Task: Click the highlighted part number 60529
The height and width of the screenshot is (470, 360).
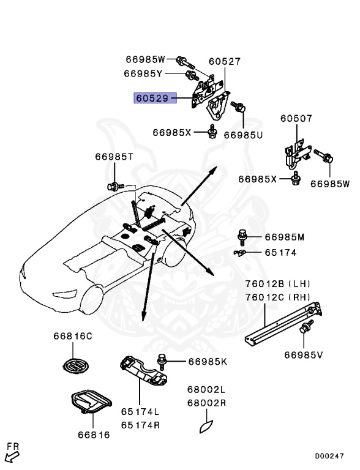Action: (x=152, y=98)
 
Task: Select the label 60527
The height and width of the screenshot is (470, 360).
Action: (x=225, y=61)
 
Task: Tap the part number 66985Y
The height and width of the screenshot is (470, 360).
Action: (x=143, y=73)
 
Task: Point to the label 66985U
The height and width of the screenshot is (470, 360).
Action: (x=243, y=135)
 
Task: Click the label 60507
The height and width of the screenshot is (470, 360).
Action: (x=296, y=118)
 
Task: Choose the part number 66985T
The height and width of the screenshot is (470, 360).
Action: (x=114, y=157)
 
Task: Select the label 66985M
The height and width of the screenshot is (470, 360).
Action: (x=284, y=237)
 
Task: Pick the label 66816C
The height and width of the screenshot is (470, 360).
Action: (x=72, y=336)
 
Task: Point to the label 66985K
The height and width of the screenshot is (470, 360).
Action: (x=207, y=362)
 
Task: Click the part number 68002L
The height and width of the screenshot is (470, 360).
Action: (x=206, y=390)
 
